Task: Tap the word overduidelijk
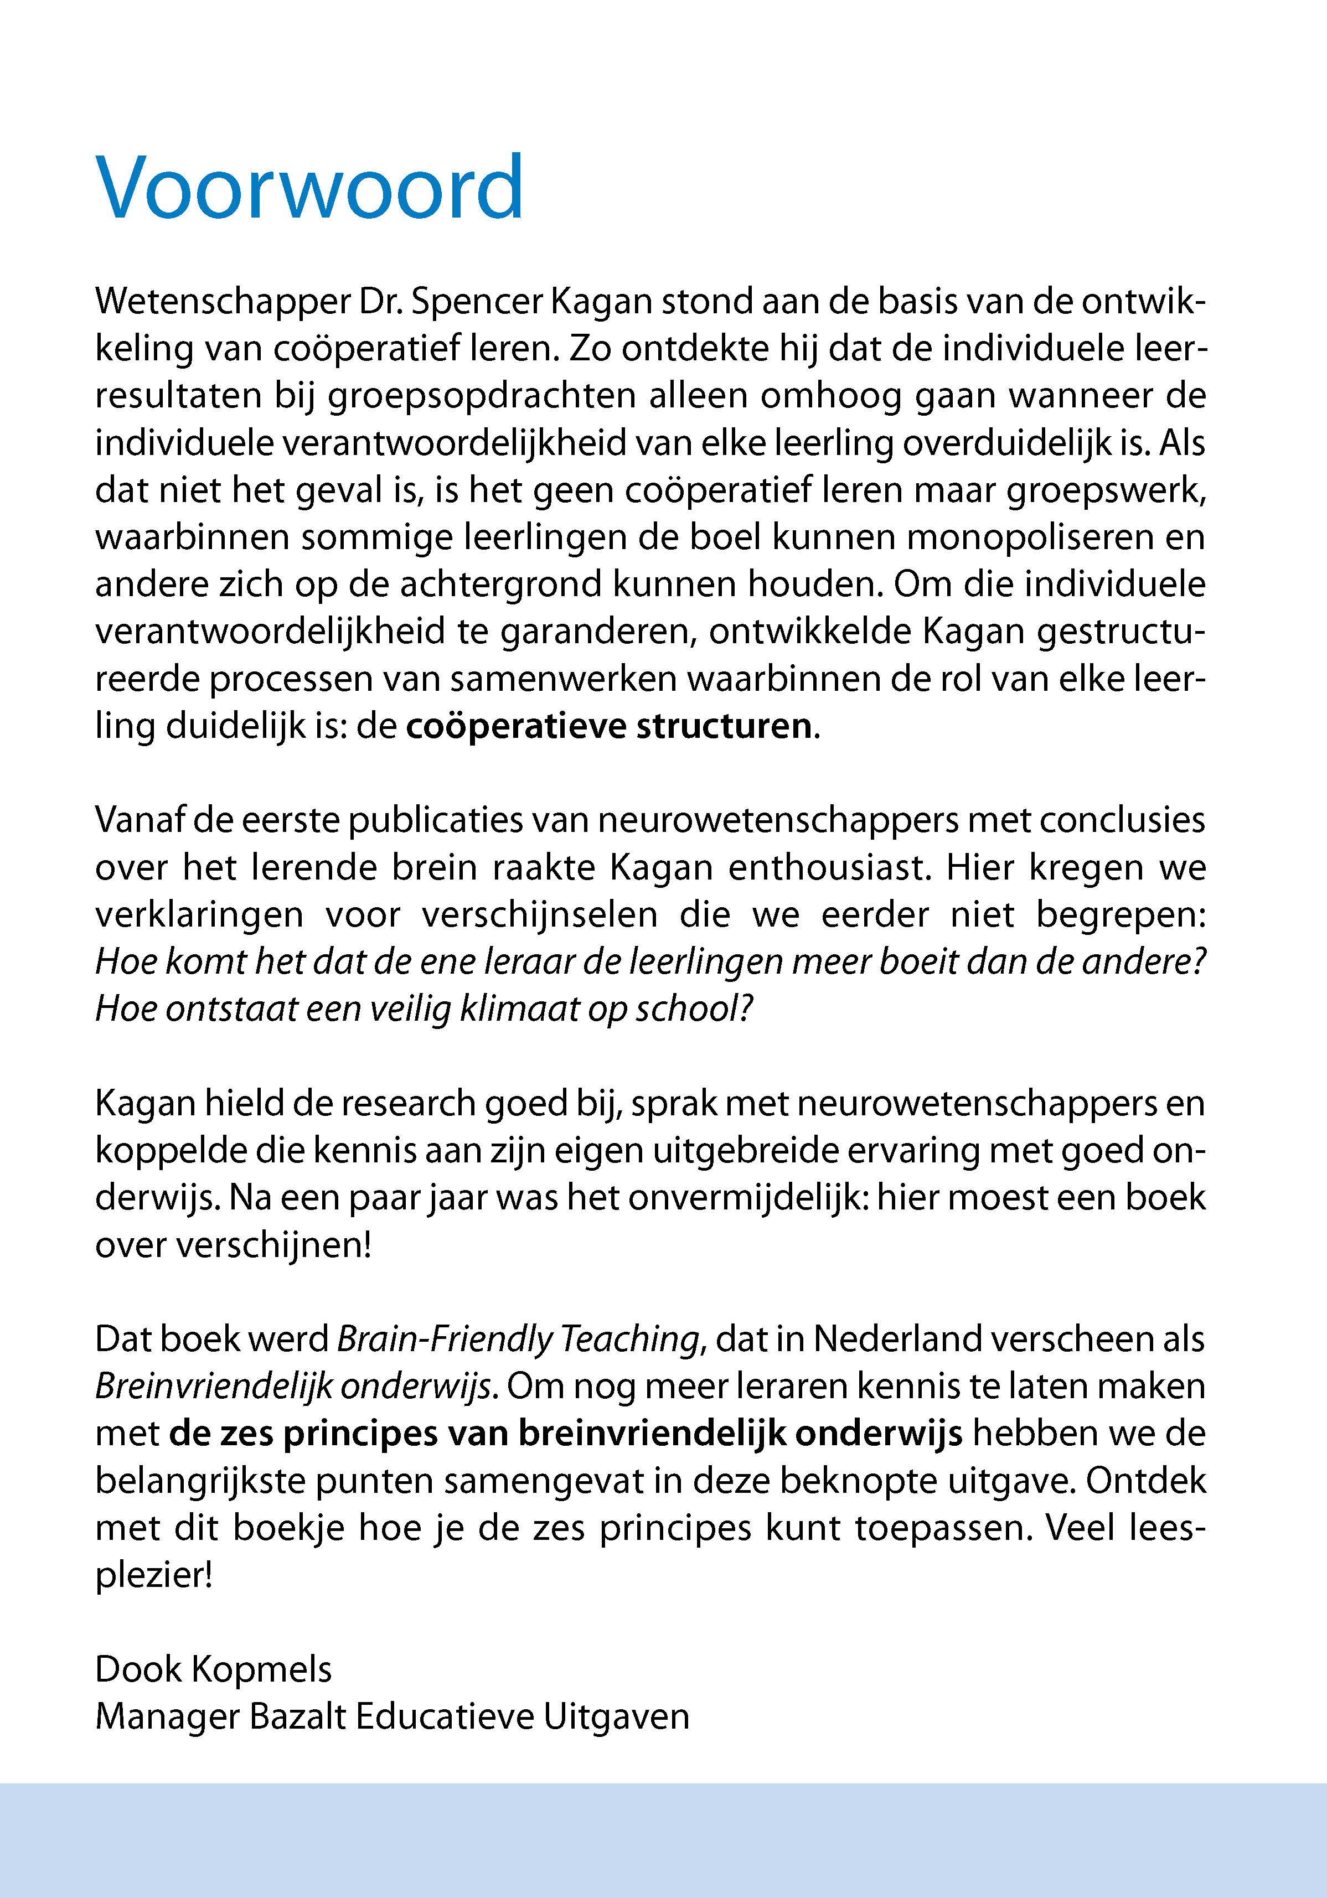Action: click(x=1007, y=444)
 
